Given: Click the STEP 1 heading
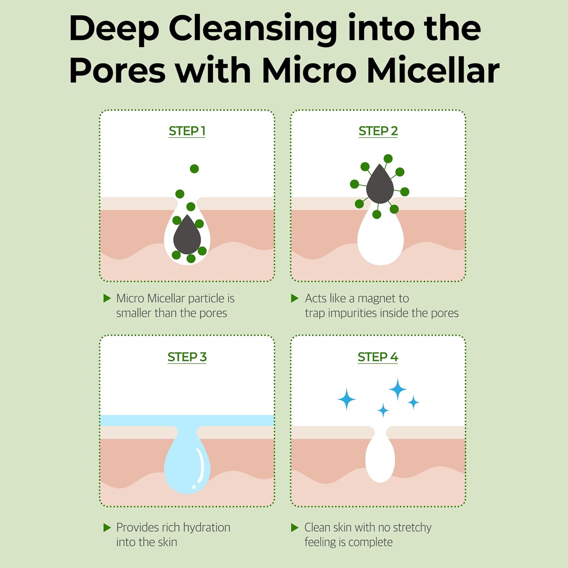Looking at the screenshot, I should click(187, 131).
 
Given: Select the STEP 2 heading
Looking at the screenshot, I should click(378, 131).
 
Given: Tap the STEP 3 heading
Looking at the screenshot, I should click(187, 357).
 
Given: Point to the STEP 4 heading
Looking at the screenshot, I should click(378, 357).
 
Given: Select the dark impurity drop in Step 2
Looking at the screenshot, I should click(380, 185).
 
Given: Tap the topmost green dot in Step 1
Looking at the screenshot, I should click(194, 169).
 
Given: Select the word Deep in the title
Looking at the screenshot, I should click(114, 29).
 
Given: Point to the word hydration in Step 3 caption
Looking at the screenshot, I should click(206, 527).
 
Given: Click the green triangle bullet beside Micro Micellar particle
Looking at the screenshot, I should click(107, 298).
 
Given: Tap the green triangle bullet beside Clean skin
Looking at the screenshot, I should click(295, 527).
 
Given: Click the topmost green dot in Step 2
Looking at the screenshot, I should click(388, 159).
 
